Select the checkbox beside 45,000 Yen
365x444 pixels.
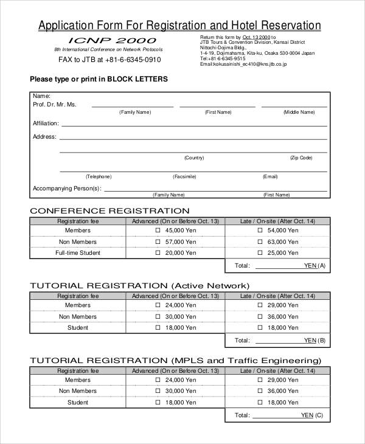tap(158, 231)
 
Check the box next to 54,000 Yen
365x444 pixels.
tap(260, 231)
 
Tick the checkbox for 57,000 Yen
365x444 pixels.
tap(158, 242)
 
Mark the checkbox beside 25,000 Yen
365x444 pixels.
tap(260, 253)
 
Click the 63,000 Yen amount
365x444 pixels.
tap(283, 242)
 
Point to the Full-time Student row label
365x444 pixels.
tap(78, 253)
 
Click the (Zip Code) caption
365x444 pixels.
tap(301, 158)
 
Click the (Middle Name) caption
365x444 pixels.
tap(299, 112)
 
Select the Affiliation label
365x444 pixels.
tap(46, 123)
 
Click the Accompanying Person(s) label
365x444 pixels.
tap(66, 189)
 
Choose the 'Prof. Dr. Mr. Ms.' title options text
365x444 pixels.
tap(55, 105)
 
